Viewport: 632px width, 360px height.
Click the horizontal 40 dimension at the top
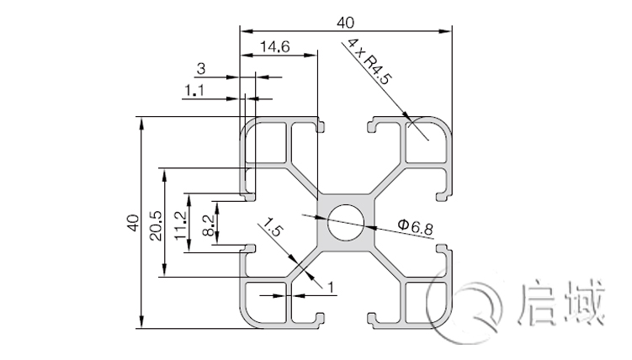tap(346, 21)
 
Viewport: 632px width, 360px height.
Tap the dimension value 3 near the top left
tap(200, 68)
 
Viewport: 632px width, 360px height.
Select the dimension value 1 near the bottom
tap(330, 289)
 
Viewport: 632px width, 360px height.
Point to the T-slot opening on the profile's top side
tap(346, 126)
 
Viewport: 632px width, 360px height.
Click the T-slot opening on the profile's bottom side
tap(346, 320)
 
